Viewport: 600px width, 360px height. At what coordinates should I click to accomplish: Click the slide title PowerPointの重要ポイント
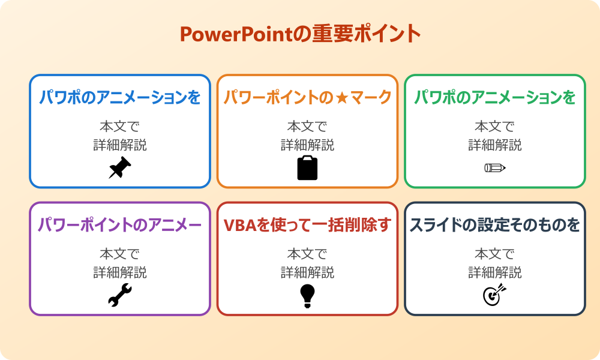(x=300, y=34)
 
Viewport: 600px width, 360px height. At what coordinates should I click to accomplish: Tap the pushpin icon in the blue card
(x=120, y=168)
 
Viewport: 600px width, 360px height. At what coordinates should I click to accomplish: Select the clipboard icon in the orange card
(x=307, y=168)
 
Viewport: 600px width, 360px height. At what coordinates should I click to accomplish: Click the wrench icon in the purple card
(x=120, y=295)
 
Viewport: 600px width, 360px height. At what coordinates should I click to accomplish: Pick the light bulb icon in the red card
(x=307, y=295)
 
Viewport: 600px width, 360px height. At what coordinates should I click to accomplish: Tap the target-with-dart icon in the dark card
(x=495, y=295)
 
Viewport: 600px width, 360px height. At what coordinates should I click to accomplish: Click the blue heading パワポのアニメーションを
(x=120, y=97)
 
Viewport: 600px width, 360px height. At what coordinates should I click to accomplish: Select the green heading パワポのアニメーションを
(x=495, y=97)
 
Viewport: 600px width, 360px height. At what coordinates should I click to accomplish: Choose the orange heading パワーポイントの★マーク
(x=307, y=97)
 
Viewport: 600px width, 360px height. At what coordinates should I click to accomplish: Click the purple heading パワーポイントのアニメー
(x=120, y=225)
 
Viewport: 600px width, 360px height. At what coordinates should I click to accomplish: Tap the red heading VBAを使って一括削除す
(x=307, y=225)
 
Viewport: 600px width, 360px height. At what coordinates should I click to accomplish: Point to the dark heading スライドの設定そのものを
(x=495, y=225)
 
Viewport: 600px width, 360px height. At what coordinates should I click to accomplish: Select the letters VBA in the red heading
(x=238, y=225)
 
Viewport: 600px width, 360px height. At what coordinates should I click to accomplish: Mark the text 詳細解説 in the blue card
(x=120, y=145)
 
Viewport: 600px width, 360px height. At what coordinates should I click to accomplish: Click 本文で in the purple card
(x=120, y=254)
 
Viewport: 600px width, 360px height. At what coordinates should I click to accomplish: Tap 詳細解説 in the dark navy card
(x=495, y=272)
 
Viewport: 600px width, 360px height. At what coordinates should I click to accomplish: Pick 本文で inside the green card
(x=495, y=126)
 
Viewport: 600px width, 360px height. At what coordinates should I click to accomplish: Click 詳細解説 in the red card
(x=307, y=272)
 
